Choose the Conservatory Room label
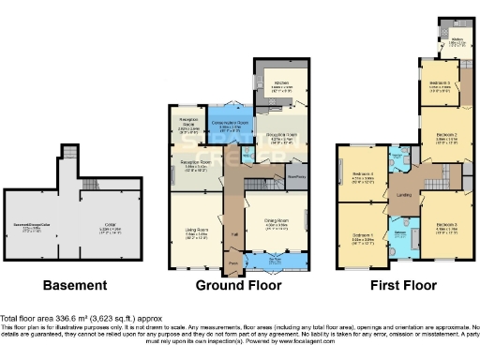click(x=228, y=125)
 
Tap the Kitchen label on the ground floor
click(x=279, y=83)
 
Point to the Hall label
click(x=232, y=232)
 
